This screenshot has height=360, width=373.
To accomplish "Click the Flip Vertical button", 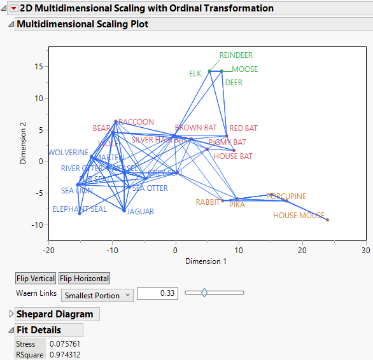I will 35,279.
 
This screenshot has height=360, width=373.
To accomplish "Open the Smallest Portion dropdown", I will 97,294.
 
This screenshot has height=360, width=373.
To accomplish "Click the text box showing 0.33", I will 157,294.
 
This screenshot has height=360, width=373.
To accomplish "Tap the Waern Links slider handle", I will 204,293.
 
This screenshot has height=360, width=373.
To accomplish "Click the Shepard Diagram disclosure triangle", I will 11,314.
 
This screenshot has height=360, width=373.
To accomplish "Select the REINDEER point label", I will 236,55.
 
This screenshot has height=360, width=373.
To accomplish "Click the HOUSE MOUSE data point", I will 327,220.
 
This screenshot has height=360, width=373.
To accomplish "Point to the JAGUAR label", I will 140,212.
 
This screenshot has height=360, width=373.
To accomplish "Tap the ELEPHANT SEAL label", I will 80,209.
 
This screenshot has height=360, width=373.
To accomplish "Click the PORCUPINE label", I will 286,197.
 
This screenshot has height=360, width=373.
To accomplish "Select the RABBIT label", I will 208,202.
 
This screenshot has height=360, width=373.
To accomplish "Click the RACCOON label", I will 136,122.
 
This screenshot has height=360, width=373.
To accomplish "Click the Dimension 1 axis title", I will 206,261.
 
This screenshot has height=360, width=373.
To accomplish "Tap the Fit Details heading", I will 39,330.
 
